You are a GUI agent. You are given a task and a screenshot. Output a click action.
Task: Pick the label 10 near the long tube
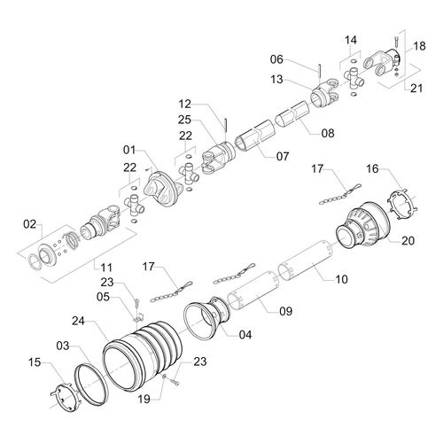pos(342,280)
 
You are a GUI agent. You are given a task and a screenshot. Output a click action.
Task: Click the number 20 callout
pos(408,240)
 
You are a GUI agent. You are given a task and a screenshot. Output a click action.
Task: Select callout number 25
pos(184,120)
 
